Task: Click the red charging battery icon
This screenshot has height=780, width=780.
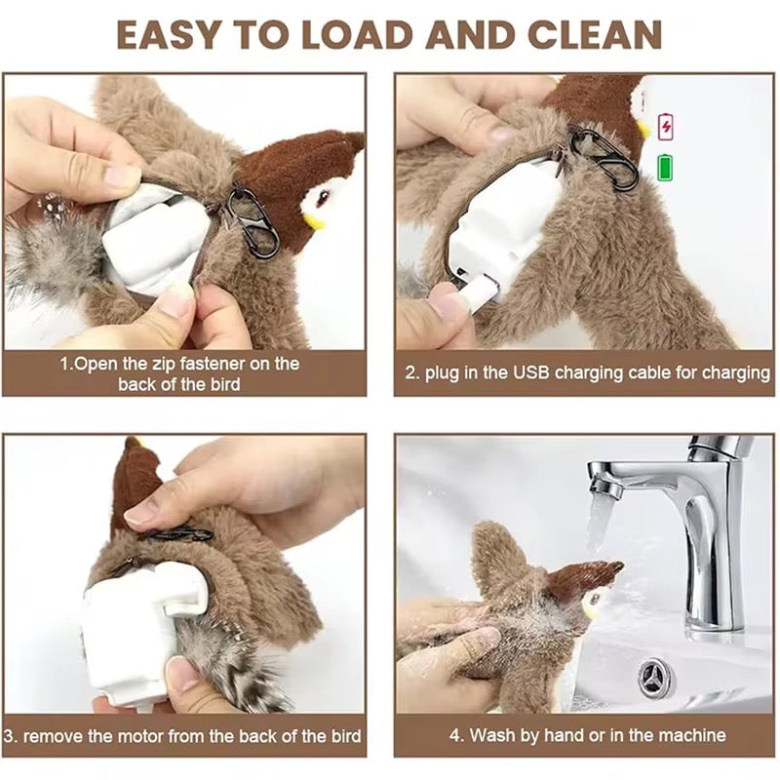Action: pos(666,127)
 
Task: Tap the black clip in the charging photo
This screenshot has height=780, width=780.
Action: pos(604,156)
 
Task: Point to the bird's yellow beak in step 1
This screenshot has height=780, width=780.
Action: pos(314,220)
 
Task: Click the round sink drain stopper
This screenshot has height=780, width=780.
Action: pos(656,679)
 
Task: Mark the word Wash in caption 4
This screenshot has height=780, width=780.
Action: pos(489,735)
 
